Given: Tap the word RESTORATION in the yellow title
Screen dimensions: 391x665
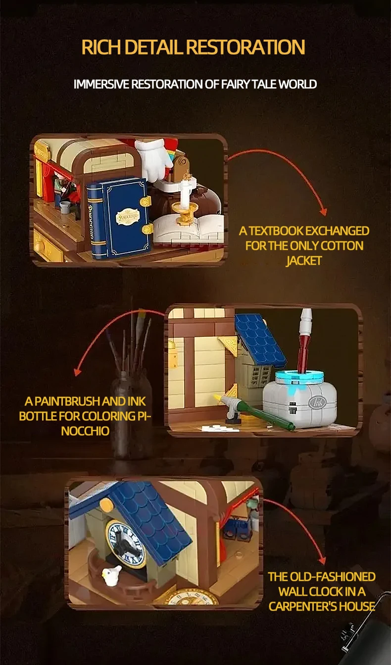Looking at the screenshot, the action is pyautogui.click(x=245, y=47).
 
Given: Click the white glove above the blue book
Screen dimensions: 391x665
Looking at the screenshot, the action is pyautogui.click(x=153, y=160).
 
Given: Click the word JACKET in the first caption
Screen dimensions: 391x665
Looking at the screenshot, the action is pyautogui.click(x=304, y=261).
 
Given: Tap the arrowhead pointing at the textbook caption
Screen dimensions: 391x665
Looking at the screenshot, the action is pyautogui.click(x=324, y=212).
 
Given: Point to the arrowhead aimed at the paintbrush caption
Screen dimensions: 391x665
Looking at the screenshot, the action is pyautogui.click(x=78, y=372).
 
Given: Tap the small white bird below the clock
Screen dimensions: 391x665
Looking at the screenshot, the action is pyautogui.click(x=111, y=576).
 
